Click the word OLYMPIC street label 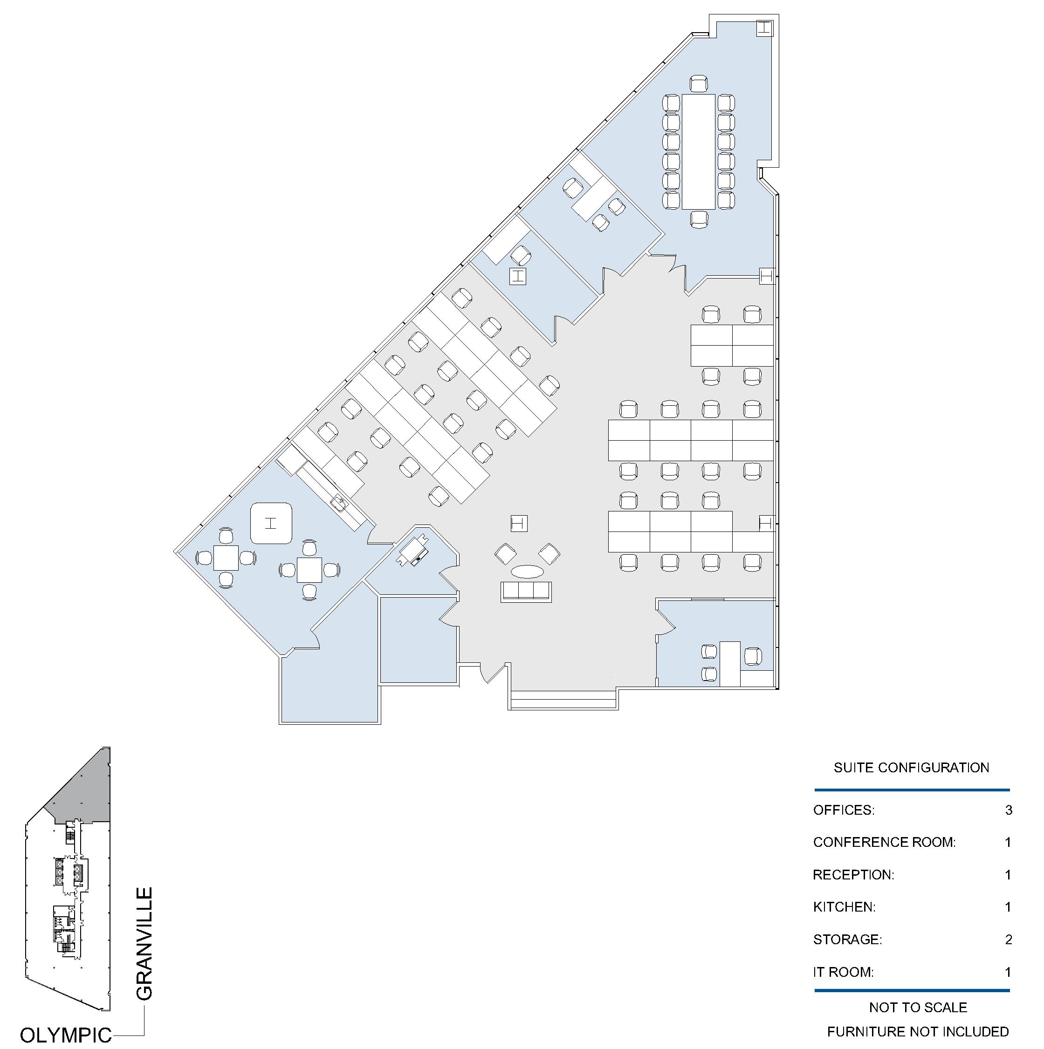[x=66, y=1035]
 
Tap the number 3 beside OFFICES [x=1008, y=810]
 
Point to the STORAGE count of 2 [x=1008, y=940]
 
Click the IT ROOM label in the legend [x=843, y=972]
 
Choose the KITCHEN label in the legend [x=844, y=907]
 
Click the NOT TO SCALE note [x=918, y=1007]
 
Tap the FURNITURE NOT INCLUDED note [x=918, y=1032]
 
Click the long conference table [x=699, y=151]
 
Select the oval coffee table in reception [x=527, y=571]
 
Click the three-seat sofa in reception [x=526, y=591]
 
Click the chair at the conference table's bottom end [x=699, y=219]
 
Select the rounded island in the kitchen [x=271, y=524]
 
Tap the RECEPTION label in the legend [x=853, y=875]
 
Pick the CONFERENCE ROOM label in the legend [x=884, y=842]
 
